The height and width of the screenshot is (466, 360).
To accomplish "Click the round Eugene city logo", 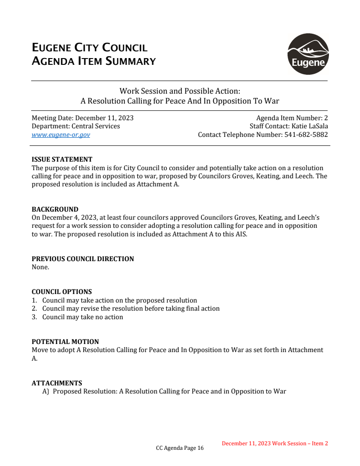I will pyautogui.click(x=308, y=54).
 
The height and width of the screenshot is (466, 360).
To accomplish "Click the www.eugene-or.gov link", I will pyautogui.click(x=61, y=135).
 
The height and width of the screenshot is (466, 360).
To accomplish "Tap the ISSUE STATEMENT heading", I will pyautogui.click(x=62, y=159).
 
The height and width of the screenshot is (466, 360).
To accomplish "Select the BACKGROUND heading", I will pyautogui.click(x=55, y=209).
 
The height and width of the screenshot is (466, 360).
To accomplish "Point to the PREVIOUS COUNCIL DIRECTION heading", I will pyautogui.click(x=83, y=259).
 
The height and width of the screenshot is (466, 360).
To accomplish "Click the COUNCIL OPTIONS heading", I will pyautogui.click(x=62, y=292).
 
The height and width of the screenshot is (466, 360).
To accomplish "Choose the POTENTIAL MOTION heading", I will pyautogui.click(x=65, y=342).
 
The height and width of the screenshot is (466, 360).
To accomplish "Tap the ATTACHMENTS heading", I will pyautogui.click(x=57, y=383).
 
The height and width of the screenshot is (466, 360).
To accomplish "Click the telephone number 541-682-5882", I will pyautogui.click(x=306, y=135).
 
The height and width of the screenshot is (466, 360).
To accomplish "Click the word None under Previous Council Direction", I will pyautogui.click(x=40, y=267).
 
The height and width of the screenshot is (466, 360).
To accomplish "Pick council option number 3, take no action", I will pyautogui.click(x=82, y=317).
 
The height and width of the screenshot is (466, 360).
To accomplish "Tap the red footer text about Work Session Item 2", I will pyautogui.click(x=274, y=443).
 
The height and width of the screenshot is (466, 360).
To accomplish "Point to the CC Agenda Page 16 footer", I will pyautogui.click(x=180, y=448).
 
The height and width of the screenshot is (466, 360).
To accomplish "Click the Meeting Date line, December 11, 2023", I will pyautogui.click(x=82, y=118).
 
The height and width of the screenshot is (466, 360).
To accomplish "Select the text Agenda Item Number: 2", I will pyautogui.click(x=292, y=118).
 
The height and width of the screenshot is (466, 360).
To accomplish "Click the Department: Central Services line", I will pyautogui.click(x=76, y=126).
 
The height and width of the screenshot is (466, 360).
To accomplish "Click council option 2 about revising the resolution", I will pyautogui.click(x=130, y=308).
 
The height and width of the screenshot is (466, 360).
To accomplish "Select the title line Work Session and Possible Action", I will pyautogui.click(x=180, y=91).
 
